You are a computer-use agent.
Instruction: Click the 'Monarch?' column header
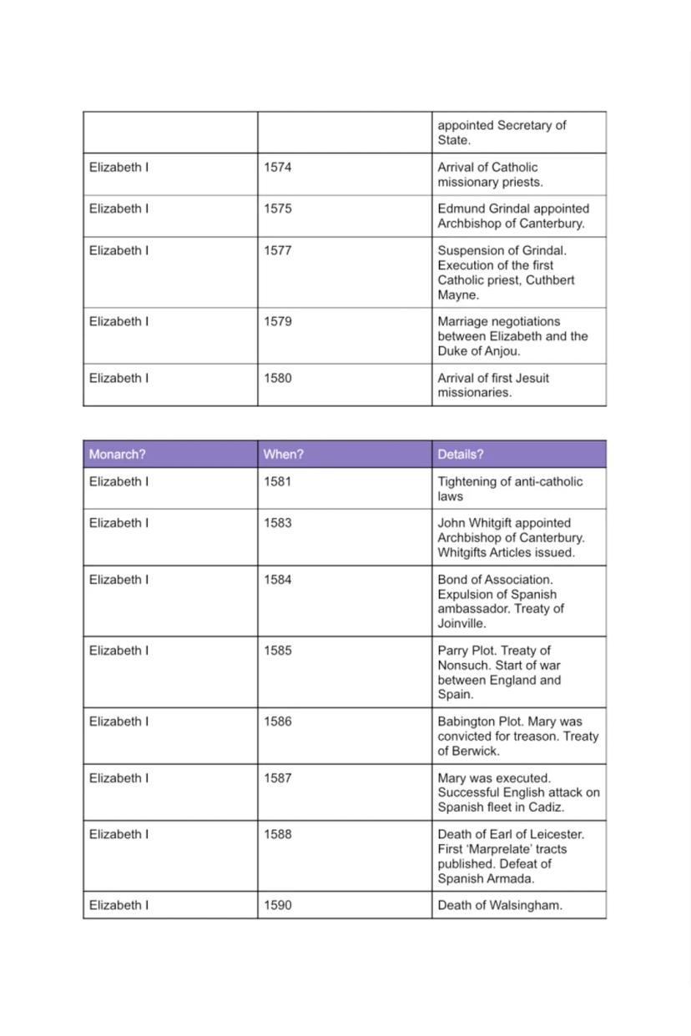point(117,455)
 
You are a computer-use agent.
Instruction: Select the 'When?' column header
point(283,455)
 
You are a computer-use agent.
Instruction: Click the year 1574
point(277,168)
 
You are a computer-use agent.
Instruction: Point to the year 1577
point(277,250)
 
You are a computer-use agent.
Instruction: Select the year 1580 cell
point(277,378)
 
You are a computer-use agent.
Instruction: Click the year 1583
point(277,523)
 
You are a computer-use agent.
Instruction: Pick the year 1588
point(277,834)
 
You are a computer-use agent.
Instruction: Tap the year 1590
point(277,905)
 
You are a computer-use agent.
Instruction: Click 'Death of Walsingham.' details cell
point(499,905)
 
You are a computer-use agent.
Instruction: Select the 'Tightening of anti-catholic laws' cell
point(510,489)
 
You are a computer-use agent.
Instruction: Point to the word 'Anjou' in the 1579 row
point(501,351)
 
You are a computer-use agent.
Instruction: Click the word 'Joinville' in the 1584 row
point(461,624)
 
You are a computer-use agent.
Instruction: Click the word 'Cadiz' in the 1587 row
point(547,807)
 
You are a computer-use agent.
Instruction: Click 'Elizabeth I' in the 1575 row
point(119,209)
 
